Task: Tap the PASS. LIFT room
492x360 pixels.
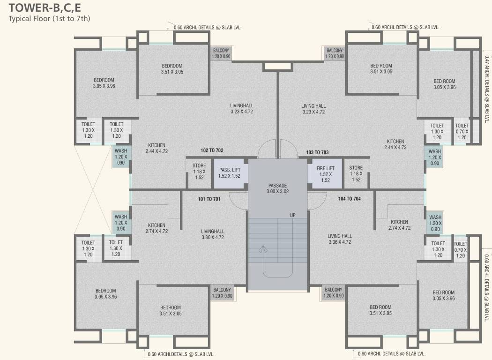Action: click(229, 173)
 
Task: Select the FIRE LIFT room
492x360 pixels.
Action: click(325, 173)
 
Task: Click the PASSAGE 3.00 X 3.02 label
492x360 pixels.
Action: click(277, 188)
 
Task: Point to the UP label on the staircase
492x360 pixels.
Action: click(293, 215)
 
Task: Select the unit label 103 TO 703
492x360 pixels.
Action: click(317, 152)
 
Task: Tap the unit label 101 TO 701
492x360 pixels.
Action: click(209, 199)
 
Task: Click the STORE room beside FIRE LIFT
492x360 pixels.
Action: click(356, 173)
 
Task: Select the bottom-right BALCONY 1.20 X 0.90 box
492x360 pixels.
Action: click(334, 292)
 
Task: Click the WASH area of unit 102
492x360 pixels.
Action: click(120, 157)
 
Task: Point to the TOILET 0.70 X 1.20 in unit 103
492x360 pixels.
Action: click(462, 131)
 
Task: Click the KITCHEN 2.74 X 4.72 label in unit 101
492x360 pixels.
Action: click(157, 228)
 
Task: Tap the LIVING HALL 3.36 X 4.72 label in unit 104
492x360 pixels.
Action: click(340, 239)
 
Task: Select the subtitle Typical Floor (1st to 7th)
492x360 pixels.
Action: click(49, 19)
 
